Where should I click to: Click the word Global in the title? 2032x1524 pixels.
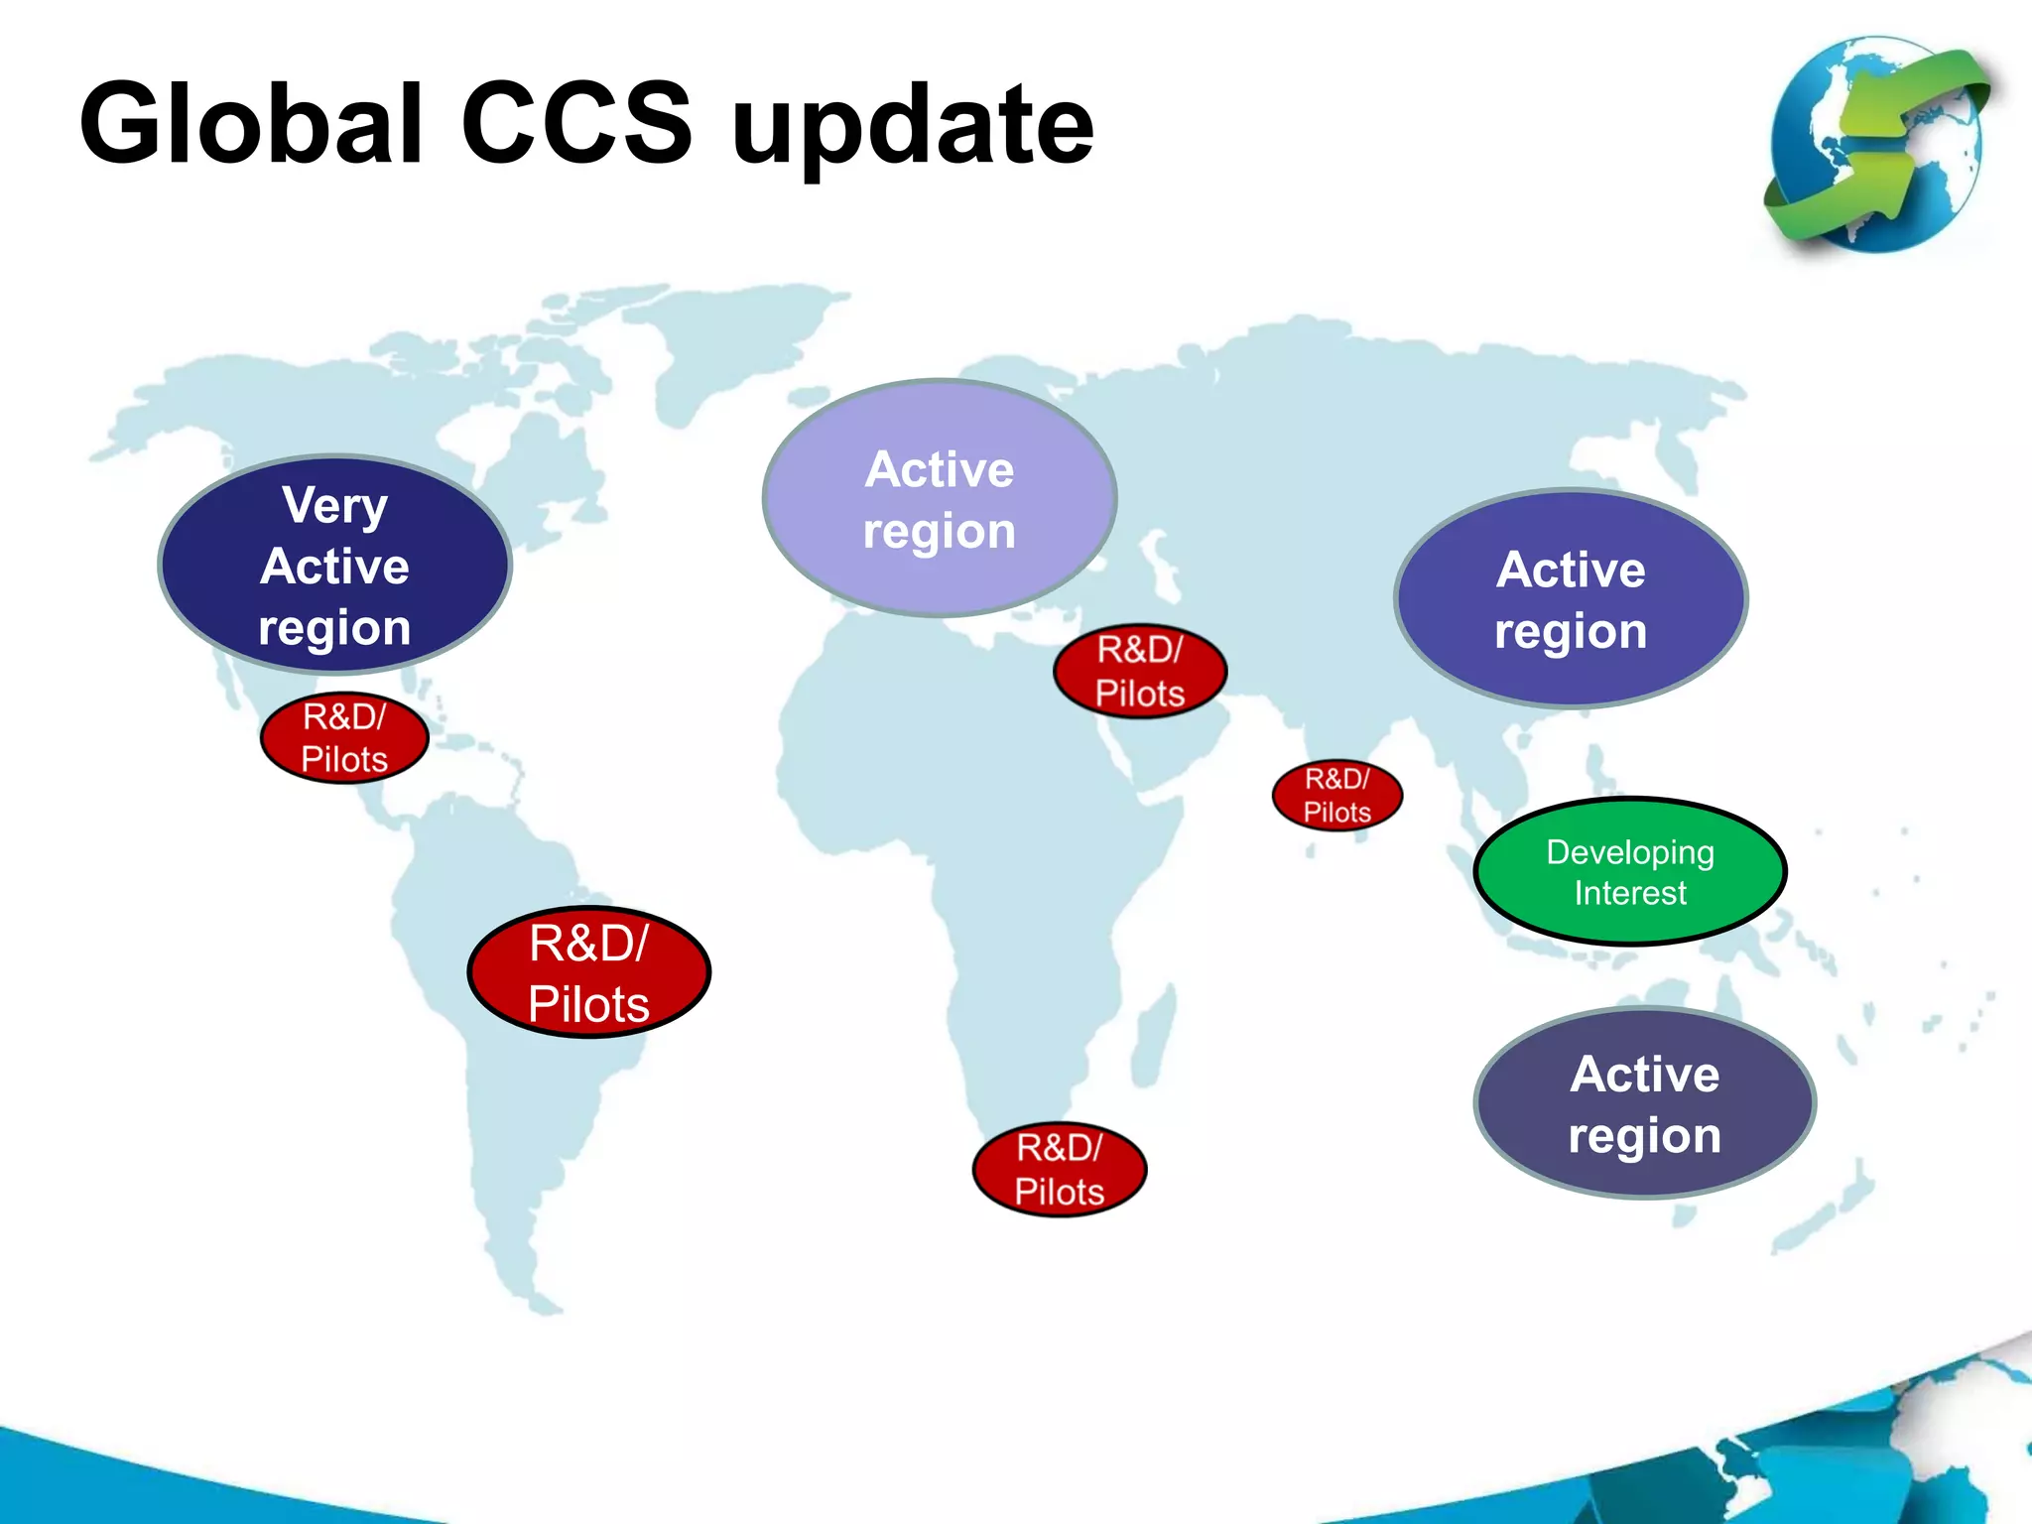pyautogui.click(x=252, y=124)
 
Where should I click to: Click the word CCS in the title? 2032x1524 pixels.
pyautogui.click(x=576, y=124)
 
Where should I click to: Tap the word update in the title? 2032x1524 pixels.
pyautogui.click(x=912, y=129)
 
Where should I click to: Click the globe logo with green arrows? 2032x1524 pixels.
pyautogui.click(x=1876, y=144)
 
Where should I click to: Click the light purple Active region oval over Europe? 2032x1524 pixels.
pyautogui.click(x=939, y=498)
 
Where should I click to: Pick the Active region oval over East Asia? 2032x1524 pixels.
pyautogui.click(x=1571, y=598)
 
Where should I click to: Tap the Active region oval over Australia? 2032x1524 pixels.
pyautogui.click(x=1644, y=1103)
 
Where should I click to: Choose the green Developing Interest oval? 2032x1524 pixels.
pyautogui.click(x=1630, y=871)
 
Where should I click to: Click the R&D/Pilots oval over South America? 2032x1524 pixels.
pyautogui.click(x=588, y=972)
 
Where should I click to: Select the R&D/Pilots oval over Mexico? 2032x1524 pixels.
pyautogui.click(x=344, y=737)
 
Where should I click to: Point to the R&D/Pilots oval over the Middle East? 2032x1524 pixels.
pyautogui.click(x=1140, y=671)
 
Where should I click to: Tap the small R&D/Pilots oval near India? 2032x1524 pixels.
pyautogui.click(x=1336, y=795)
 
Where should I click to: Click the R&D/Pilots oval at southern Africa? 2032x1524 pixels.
pyautogui.click(x=1059, y=1169)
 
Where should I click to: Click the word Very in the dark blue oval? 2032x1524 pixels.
pyautogui.click(x=334, y=505)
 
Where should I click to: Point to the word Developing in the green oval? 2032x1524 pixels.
pyautogui.click(x=1630, y=852)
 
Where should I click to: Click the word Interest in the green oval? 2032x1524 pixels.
pyautogui.click(x=1630, y=893)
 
